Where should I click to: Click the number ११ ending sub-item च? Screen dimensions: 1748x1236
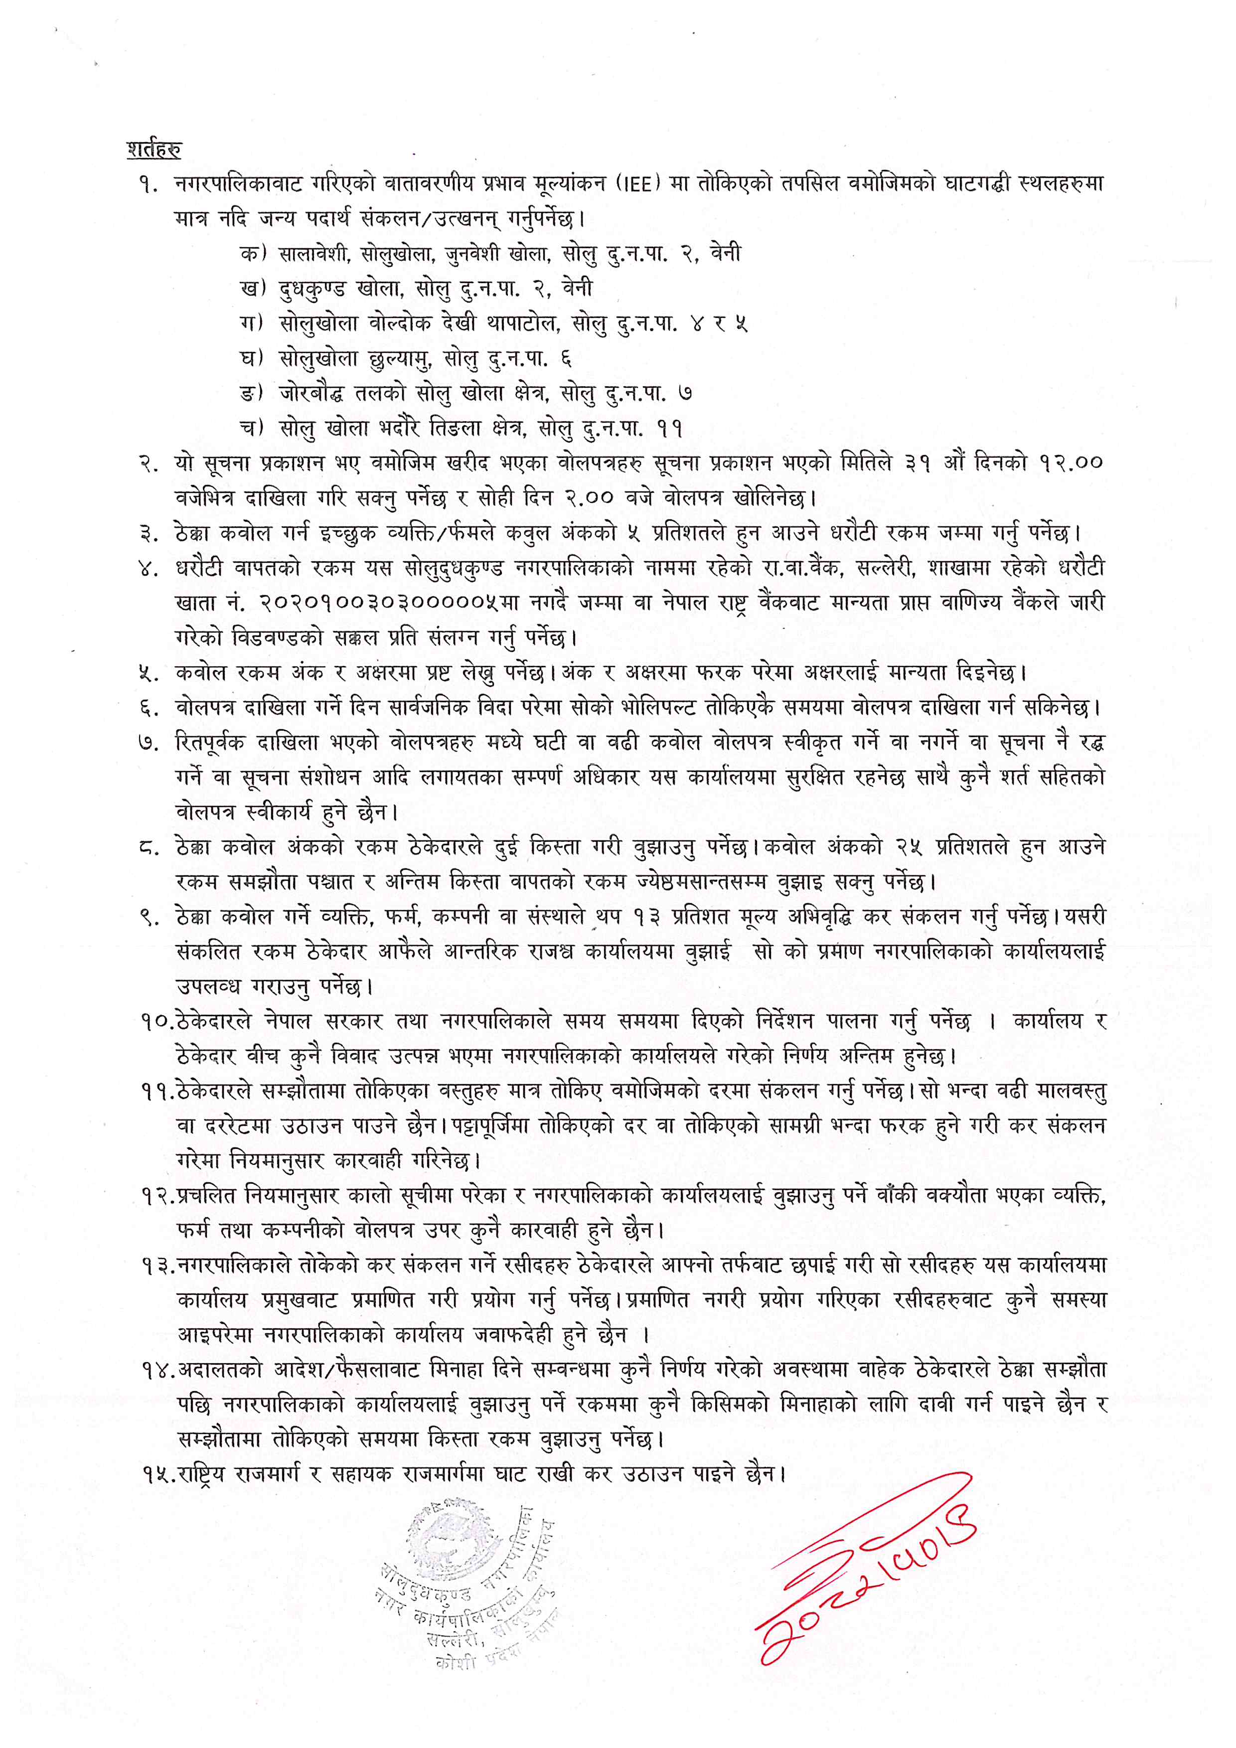coord(670,429)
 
